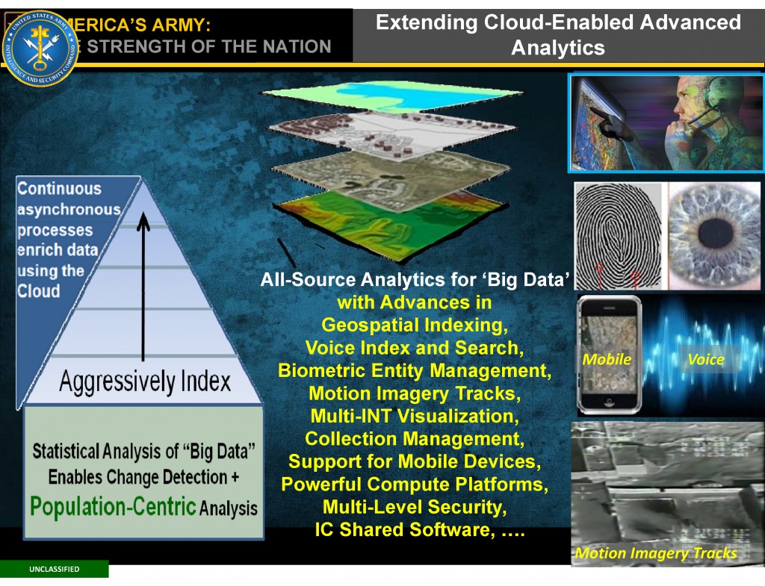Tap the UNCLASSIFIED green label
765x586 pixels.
[54, 570]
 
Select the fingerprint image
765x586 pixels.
[619, 235]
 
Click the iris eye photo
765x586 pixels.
[713, 235]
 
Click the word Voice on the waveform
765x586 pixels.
[706, 359]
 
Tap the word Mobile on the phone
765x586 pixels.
[607, 359]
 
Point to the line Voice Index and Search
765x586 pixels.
[414, 348]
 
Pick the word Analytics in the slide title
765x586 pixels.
[557, 48]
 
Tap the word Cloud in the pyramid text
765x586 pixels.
[39, 291]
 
